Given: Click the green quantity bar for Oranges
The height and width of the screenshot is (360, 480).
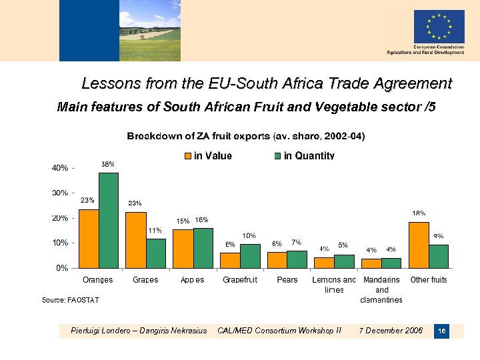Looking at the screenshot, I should point(109,220).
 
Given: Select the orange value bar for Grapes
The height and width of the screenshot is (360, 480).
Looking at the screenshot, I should point(136,240).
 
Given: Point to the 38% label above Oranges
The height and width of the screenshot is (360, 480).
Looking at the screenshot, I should point(108,164).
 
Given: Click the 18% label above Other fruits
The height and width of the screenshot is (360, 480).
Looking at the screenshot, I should point(419,213).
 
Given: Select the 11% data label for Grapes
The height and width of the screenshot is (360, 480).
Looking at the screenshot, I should point(155,231).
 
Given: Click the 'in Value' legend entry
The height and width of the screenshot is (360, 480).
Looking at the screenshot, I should point(207,156).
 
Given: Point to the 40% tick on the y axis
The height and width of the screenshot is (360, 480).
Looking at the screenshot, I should point(60,168).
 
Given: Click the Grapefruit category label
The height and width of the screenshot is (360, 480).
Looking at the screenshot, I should point(240,280).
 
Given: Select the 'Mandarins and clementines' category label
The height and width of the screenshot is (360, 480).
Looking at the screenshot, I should point(381,289).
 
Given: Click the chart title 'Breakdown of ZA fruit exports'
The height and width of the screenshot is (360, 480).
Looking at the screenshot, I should point(246,137).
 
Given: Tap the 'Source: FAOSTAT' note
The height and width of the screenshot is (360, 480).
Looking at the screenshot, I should point(71,300).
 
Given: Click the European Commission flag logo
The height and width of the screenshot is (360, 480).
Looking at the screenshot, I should point(439,27).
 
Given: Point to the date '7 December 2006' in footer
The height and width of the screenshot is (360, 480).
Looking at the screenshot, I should point(391,331).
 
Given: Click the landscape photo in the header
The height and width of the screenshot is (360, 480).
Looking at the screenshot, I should point(149,30).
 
